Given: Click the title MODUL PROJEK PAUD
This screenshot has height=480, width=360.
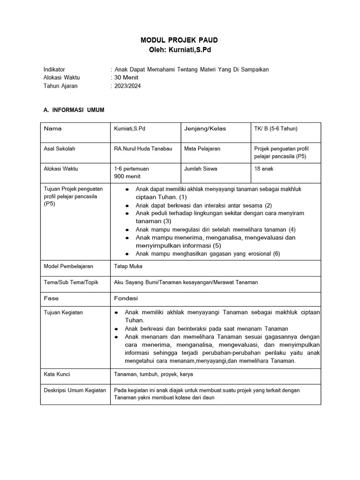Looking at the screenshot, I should (180, 40).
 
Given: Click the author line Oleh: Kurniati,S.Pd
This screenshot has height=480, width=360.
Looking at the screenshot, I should (180, 50).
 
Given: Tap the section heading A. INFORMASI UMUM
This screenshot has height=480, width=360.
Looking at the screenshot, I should (74, 110).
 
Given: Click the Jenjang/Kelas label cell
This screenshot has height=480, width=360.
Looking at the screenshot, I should (205, 128).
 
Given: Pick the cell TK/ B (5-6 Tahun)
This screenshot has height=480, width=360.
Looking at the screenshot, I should (276, 128).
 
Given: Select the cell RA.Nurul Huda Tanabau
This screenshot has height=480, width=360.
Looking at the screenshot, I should (143, 149).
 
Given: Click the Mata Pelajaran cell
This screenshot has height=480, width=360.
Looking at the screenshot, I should (202, 149).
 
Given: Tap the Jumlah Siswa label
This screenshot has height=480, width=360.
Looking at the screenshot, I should (201, 168).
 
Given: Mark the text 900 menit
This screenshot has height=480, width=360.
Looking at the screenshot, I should (127, 176).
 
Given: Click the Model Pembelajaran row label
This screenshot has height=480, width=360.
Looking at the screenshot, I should (68, 266).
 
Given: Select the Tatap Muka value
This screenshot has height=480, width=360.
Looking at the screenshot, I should (128, 266).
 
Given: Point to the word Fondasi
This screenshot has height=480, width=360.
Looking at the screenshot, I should (126, 298).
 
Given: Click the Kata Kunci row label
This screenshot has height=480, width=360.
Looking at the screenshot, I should (57, 375).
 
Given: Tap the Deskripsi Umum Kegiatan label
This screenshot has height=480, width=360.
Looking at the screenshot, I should (75, 390).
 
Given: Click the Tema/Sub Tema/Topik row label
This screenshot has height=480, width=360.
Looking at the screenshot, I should (71, 282).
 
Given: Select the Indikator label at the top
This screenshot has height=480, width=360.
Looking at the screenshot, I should (54, 69).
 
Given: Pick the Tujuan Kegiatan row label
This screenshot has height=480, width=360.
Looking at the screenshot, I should (63, 313).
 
